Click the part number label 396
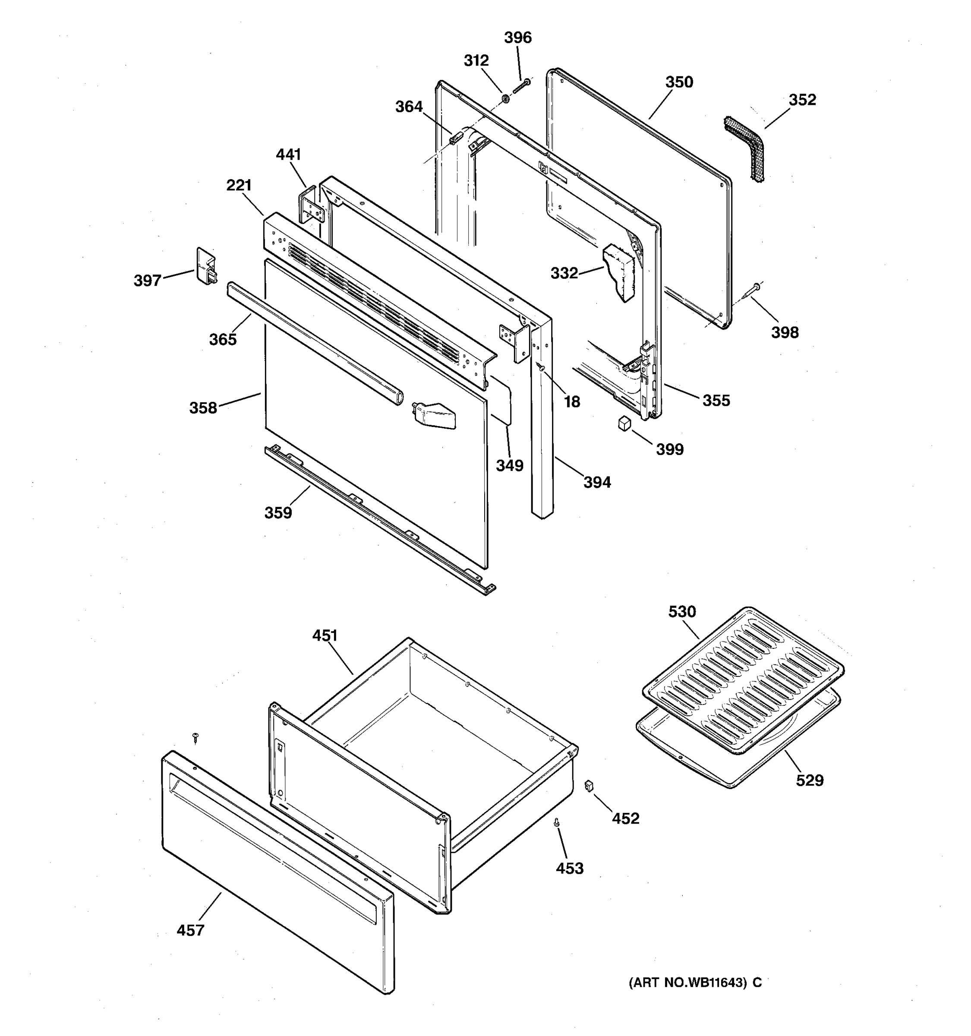517,38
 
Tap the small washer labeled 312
505,98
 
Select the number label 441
288,154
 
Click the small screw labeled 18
541,368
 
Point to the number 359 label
278,513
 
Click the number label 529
810,780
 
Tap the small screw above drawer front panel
196,737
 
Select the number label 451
325,635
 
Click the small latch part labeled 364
455,138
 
